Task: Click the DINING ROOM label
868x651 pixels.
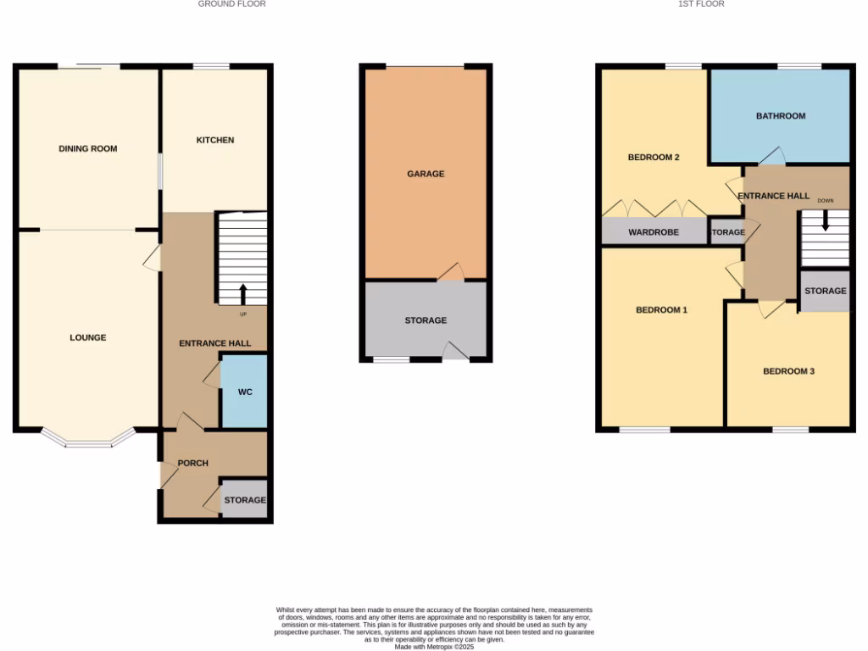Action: coord(88,148)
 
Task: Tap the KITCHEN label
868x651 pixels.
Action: coord(215,140)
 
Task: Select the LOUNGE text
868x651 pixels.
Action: coord(88,337)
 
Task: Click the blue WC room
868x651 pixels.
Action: coord(244,392)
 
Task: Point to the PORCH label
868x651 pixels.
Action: coord(192,463)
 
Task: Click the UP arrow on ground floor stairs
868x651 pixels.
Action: coord(243,294)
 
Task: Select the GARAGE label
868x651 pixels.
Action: coord(426,174)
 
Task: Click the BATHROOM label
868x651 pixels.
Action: coord(781,115)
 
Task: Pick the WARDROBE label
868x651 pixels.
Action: coord(654,231)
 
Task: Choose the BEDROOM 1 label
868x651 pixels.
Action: coord(661,309)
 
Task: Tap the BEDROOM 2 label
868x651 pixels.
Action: coord(654,157)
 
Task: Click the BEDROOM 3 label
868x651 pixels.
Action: coord(788,370)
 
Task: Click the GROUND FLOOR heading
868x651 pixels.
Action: coord(231,4)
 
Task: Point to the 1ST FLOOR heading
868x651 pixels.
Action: coord(701,4)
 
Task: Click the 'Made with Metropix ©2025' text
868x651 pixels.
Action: coord(434,647)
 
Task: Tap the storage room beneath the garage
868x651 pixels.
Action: coord(426,320)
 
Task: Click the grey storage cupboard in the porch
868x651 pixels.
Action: coord(244,500)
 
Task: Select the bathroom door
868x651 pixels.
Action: coord(771,158)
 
